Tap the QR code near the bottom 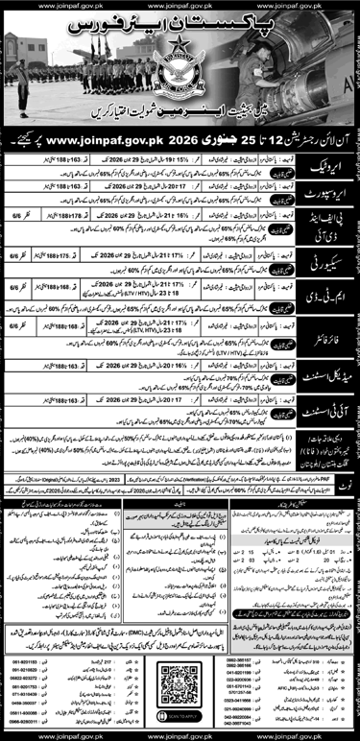[180, 668]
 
